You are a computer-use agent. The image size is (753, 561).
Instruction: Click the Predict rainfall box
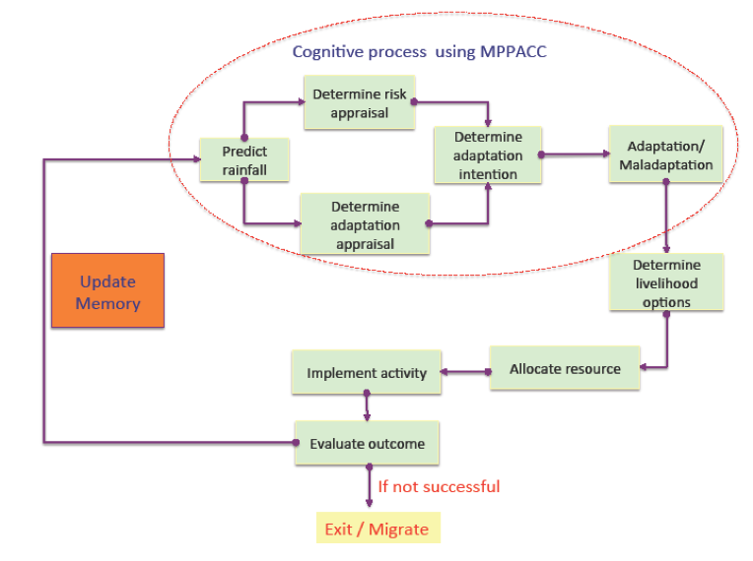pyautogui.click(x=244, y=160)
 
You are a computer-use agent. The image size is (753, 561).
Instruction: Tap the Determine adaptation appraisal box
pyautogui.click(x=365, y=224)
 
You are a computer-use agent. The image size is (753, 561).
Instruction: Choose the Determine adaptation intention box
pyautogui.click(x=487, y=155)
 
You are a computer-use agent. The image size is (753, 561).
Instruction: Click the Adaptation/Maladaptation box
pyautogui.click(x=665, y=156)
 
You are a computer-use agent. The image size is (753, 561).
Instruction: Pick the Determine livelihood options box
pyautogui.click(x=666, y=282)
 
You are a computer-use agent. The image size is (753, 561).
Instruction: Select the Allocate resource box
pyautogui.click(x=565, y=369)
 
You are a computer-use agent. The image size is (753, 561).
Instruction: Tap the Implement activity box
pyautogui.click(x=366, y=373)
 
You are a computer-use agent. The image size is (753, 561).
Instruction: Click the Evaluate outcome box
pyautogui.click(x=367, y=444)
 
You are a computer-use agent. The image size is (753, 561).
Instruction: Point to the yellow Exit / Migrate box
pyautogui.click(x=377, y=529)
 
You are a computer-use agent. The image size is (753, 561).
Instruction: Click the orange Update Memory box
pyautogui.click(x=107, y=290)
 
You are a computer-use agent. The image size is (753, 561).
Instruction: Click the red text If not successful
pyautogui.click(x=439, y=486)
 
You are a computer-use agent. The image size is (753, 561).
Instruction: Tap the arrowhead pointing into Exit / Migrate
pyautogui.click(x=368, y=503)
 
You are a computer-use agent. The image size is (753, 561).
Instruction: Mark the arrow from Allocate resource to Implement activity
pyautogui.click(x=463, y=372)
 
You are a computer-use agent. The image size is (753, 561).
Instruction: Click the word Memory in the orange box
pyautogui.click(x=107, y=303)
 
